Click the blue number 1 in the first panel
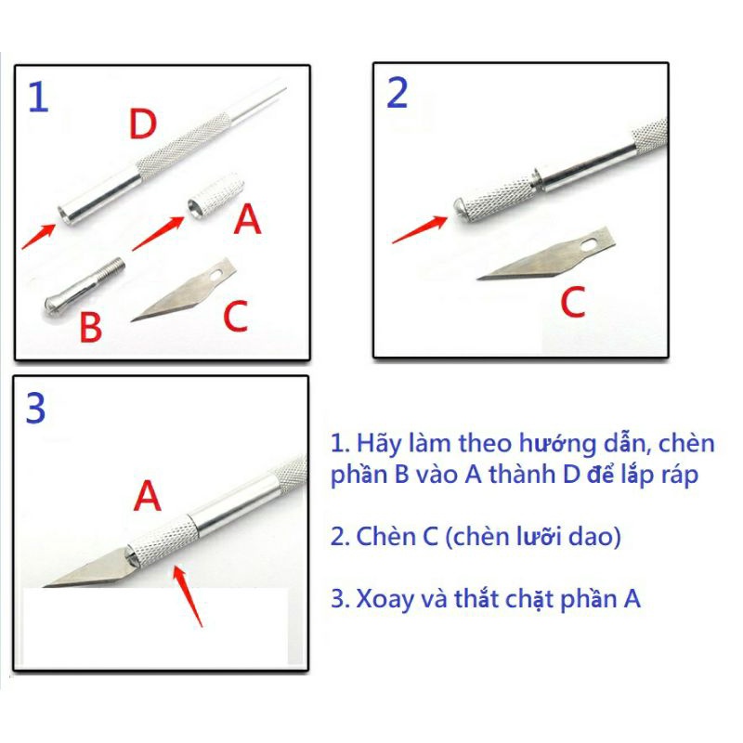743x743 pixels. pyautogui.click(x=39, y=97)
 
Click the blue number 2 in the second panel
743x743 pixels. pyautogui.click(x=398, y=94)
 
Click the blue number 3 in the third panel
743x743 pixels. pyautogui.click(x=36, y=408)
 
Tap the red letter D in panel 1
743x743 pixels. pyautogui.click(x=143, y=124)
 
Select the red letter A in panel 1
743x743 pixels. pyautogui.click(x=247, y=219)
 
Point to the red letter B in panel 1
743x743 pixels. pyautogui.click(x=91, y=327)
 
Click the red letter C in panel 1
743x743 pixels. pyautogui.click(x=236, y=316)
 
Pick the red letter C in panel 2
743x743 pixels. pyautogui.click(x=573, y=302)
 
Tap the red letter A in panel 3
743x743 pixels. pyautogui.click(x=148, y=496)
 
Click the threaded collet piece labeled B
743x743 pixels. pyautogui.click(x=85, y=289)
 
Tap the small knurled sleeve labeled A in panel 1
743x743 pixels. pyautogui.click(x=216, y=195)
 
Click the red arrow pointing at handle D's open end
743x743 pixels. pyautogui.click(x=38, y=236)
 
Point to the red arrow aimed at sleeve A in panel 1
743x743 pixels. pyautogui.click(x=158, y=233)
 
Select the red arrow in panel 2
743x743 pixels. pyautogui.click(x=420, y=229)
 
